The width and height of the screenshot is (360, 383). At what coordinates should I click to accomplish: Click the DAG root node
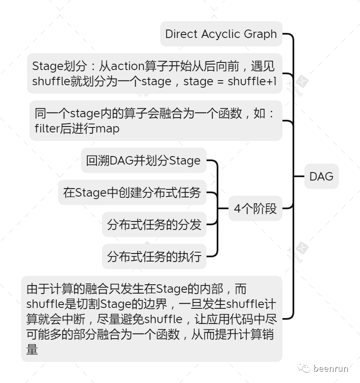coord(321,176)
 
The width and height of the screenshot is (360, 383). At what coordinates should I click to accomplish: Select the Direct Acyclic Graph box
coord(221,34)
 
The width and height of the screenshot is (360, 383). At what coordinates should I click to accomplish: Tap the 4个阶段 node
coord(255,208)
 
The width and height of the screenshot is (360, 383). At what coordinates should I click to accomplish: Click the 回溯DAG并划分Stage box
coord(143,160)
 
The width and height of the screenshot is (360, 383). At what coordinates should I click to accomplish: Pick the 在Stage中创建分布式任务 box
coord(132,192)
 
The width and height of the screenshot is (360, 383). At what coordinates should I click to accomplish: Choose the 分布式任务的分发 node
coord(154,224)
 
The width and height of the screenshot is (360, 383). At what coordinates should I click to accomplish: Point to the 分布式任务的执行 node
coord(154,256)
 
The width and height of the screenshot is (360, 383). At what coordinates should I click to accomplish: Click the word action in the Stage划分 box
coord(128,66)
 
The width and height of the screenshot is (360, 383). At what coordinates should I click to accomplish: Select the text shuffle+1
coord(252,81)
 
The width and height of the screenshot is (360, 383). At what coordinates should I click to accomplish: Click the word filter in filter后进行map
coord(46,128)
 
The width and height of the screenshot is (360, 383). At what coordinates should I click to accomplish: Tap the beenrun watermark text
coord(330,369)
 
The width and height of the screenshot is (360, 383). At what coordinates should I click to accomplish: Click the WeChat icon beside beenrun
coord(304,369)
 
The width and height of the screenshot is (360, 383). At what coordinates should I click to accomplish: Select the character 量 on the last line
coord(32,350)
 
